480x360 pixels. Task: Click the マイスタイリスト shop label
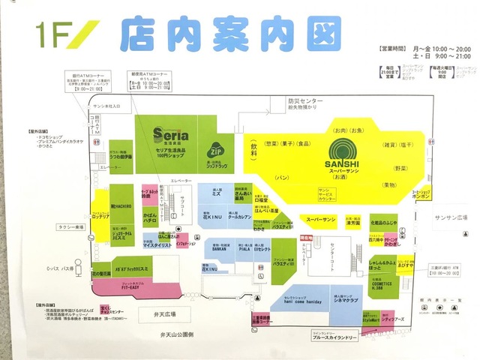tap(159, 245)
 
